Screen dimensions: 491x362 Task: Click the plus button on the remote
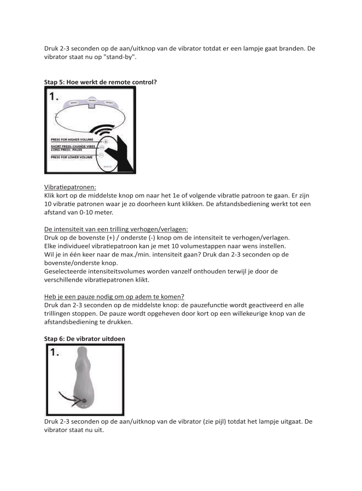[x=106, y=141]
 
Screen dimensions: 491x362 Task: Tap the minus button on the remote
[x=106, y=155]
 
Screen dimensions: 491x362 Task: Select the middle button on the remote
[x=106, y=148]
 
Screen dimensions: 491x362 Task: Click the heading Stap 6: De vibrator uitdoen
[x=85, y=338]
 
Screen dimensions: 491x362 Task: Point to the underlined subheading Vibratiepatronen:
[x=70, y=186]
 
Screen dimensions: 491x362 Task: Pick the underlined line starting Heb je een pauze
[x=114, y=296]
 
